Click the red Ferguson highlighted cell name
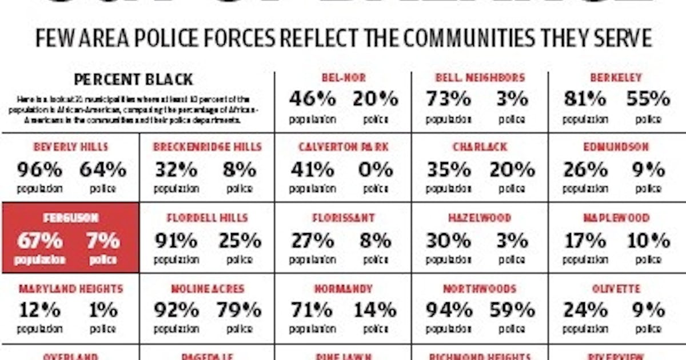71,218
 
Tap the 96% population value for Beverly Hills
39,170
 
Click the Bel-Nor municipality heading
343,78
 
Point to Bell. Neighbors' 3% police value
512,99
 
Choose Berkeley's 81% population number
584,99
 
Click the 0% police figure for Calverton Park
376,170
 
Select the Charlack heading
480,147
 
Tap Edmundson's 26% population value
585,170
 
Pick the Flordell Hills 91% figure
176,241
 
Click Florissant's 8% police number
376,241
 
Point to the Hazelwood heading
480,218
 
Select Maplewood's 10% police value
648,241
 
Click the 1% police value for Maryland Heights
103,311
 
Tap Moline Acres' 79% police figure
239,311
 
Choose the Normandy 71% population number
311,311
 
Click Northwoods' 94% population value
449,311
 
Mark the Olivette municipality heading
616,289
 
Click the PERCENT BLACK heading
133,79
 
